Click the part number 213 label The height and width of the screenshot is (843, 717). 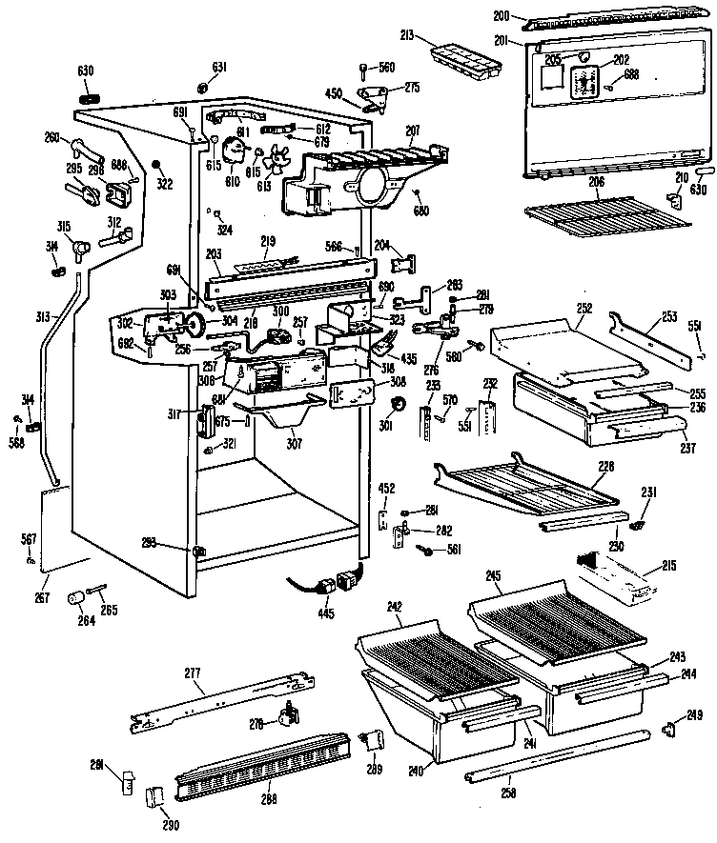pos(407,39)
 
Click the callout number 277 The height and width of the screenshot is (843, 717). pos(193,673)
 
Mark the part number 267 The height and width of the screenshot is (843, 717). pos(41,598)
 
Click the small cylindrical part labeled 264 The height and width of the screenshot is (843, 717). pos(73,597)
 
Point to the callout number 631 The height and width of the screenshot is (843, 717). pos(219,66)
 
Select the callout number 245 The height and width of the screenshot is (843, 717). pos(492,574)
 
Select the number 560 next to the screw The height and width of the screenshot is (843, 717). pos(386,67)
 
